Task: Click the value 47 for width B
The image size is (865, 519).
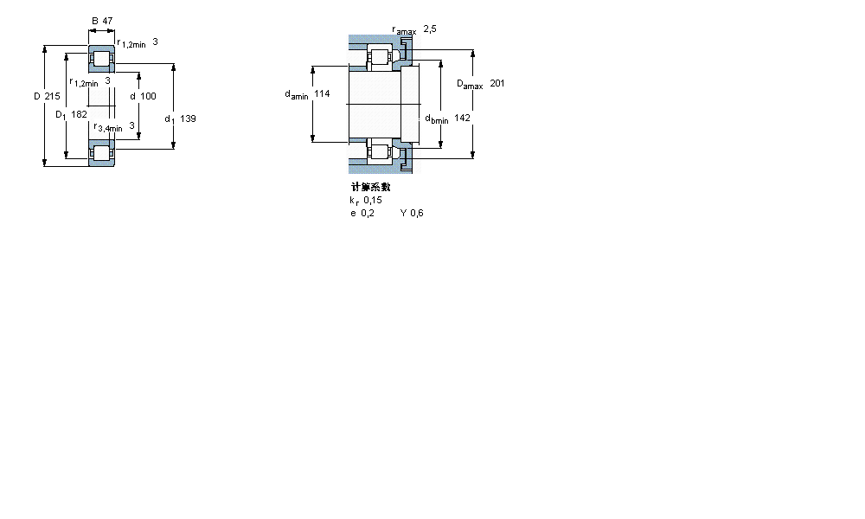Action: (107, 20)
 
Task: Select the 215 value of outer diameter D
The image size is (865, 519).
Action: (52, 96)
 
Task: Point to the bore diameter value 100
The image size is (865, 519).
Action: (148, 96)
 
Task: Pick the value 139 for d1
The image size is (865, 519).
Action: (188, 119)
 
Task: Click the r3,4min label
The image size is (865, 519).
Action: (108, 127)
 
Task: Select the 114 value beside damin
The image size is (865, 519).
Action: (322, 94)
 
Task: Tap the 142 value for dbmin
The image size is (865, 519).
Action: (462, 118)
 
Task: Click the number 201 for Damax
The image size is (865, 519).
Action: (497, 83)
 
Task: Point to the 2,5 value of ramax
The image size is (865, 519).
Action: (430, 29)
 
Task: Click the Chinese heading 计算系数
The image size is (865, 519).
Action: (370, 188)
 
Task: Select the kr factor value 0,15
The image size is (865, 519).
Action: (373, 200)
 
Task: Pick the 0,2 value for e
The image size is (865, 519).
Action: (368, 213)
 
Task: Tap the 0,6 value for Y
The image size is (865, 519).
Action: (417, 213)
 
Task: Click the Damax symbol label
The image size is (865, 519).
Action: (469, 84)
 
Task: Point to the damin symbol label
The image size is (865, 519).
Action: (297, 95)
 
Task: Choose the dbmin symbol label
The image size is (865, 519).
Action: (436, 119)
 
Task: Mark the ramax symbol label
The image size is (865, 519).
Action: (404, 30)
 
